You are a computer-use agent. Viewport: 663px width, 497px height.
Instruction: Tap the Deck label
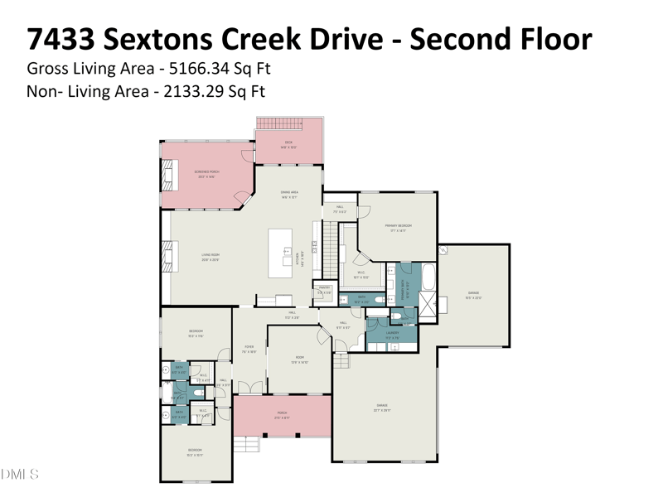[288, 142]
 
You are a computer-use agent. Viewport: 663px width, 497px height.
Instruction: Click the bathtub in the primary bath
[428, 277]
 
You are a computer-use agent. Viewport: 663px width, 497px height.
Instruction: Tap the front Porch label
[282, 414]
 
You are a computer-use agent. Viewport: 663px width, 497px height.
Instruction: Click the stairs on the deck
[280, 124]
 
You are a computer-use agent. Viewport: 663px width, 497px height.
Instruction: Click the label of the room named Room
[299, 358]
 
